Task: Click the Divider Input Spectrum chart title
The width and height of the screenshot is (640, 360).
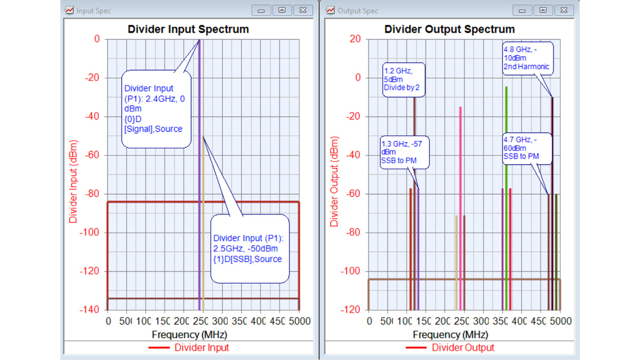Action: (x=188, y=29)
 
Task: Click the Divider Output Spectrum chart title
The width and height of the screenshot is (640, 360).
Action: (x=449, y=29)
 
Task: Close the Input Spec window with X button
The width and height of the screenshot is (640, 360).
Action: (x=303, y=10)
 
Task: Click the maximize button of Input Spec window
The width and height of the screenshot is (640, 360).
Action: (x=282, y=10)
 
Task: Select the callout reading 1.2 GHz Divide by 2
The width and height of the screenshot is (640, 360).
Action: (x=403, y=79)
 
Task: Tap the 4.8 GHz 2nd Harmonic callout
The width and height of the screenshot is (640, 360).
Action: (x=527, y=58)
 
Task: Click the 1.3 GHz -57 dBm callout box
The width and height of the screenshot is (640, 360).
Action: (x=404, y=152)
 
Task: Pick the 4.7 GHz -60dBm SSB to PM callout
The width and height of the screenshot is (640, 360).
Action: (x=526, y=148)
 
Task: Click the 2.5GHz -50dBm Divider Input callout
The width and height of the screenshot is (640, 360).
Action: (x=249, y=248)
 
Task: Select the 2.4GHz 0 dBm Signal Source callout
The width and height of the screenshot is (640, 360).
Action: (x=156, y=108)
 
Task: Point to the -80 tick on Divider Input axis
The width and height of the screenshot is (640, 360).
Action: (x=92, y=194)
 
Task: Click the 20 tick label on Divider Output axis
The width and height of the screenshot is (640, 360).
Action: (x=355, y=39)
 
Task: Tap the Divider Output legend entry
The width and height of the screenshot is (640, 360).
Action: (x=462, y=348)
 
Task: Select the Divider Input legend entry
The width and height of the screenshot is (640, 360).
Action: (x=201, y=348)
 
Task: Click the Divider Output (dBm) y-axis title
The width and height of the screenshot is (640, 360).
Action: (x=334, y=182)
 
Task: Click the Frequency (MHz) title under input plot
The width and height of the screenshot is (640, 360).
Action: (x=189, y=334)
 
